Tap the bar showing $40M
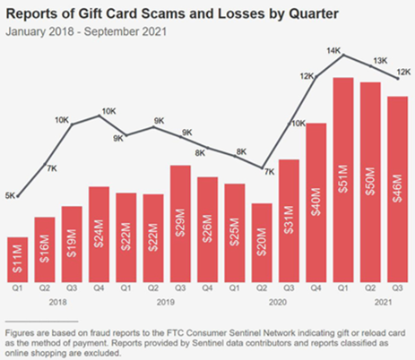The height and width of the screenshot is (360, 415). (316, 195)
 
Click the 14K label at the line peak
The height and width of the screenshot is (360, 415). (335, 52)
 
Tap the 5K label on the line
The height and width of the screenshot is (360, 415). (9, 194)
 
